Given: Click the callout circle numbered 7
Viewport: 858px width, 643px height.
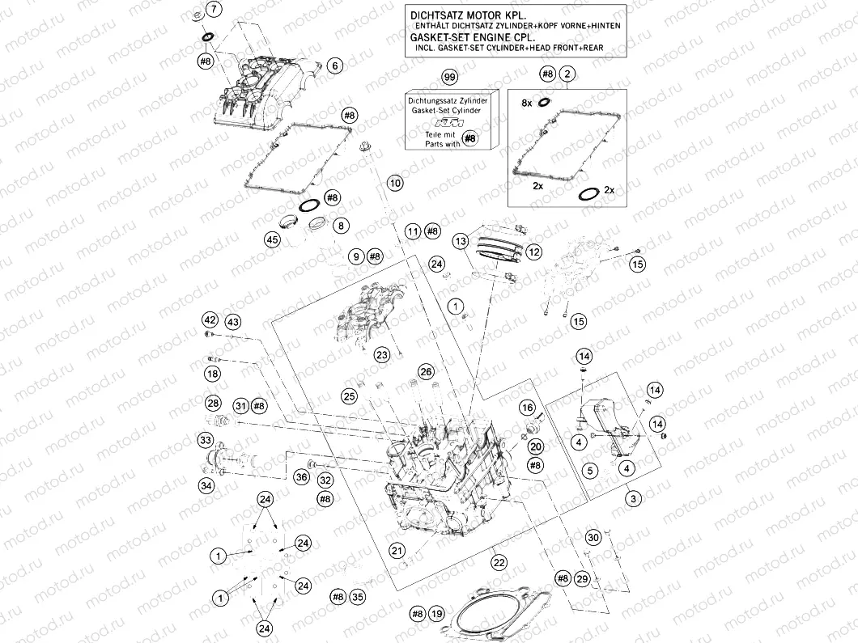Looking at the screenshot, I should pyautogui.click(x=213, y=10).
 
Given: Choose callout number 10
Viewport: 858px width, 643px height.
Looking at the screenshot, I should pyautogui.click(x=394, y=184).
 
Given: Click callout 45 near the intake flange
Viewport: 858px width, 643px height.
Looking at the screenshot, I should pyautogui.click(x=272, y=239).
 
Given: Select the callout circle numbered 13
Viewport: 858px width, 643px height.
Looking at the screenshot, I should pyautogui.click(x=461, y=241).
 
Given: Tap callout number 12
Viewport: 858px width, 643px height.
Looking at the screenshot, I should pyautogui.click(x=534, y=252).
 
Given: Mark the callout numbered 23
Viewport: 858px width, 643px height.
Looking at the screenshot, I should pyautogui.click(x=382, y=353).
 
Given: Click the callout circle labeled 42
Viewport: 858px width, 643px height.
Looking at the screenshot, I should pyautogui.click(x=210, y=319).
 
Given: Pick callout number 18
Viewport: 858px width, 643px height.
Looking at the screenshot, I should pyautogui.click(x=212, y=374).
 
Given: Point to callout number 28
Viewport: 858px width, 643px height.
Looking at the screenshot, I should pyautogui.click(x=213, y=403).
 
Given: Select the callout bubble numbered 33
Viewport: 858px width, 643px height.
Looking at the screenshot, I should pyautogui.click(x=206, y=440).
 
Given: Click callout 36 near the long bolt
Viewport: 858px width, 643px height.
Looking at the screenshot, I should pyautogui.click(x=301, y=477).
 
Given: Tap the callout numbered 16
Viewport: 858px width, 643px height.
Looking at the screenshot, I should pyautogui.click(x=527, y=408).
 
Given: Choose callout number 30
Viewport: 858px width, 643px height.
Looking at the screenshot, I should pyautogui.click(x=594, y=538).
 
